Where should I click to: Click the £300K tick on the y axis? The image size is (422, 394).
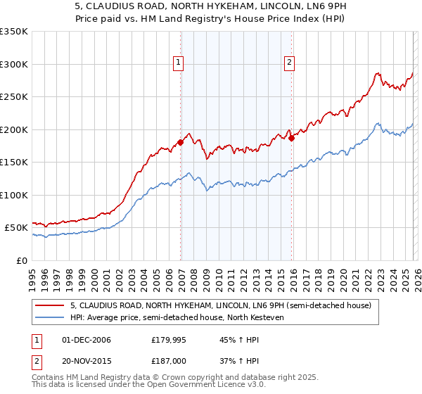pyautogui.click(x=14, y=64)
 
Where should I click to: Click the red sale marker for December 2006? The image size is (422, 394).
pyautogui.click(x=181, y=142)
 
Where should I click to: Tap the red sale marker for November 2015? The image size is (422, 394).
pyautogui.click(x=292, y=138)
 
